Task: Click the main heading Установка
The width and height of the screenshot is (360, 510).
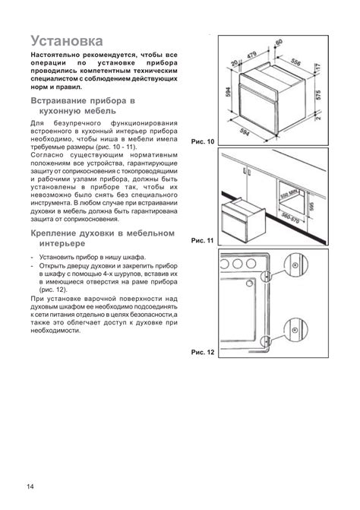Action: [x=67, y=41]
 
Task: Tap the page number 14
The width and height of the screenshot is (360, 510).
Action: [x=30, y=486]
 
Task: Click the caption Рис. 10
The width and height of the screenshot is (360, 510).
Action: [x=203, y=141]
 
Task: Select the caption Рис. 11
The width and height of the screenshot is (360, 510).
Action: [x=203, y=240]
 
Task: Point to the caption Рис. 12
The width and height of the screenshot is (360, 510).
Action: [x=203, y=352]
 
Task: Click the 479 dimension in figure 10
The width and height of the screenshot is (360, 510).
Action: [x=252, y=55]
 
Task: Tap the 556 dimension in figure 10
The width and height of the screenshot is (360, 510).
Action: [x=295, y=62]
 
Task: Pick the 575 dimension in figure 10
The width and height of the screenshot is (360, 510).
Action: [x=318, y=95]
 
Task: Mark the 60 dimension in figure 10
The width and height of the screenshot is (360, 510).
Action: [x=279, y=43]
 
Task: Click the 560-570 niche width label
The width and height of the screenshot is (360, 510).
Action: [x=290, y=217]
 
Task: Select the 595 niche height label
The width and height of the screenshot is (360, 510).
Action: [x=312, y=206]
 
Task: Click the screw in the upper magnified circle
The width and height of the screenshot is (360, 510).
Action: [x=295, y=265]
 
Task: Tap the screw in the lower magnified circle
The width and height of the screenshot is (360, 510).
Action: [x=295, y=331]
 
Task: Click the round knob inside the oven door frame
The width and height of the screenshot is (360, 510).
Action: [x=250, y=284]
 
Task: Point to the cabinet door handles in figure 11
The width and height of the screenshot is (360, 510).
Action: [x=246, y=172]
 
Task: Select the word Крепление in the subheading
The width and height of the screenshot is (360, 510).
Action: [x=49, y=233]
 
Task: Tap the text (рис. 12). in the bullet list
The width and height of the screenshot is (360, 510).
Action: [x=53, y=290]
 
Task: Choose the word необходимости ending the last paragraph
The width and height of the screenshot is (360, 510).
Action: [x=55, y=331]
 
